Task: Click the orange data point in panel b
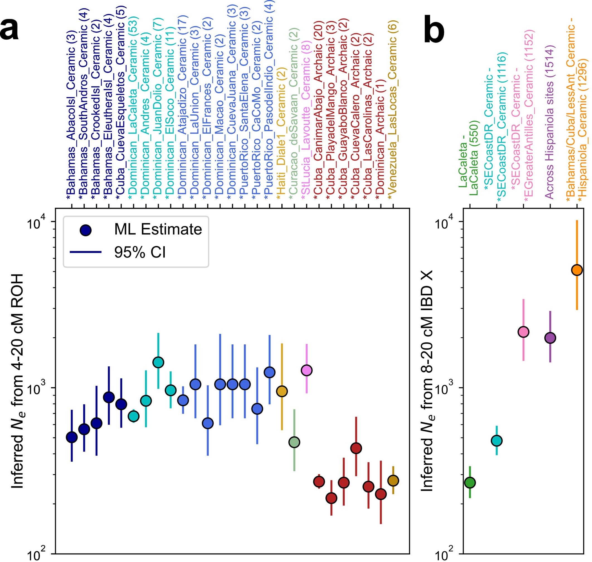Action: [x=577, y=270]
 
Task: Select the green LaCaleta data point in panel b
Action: [x=470, y=483]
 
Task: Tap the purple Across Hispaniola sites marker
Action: [x=550, y=338]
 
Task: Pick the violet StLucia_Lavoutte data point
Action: [x=307, y=370]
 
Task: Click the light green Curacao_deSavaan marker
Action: [x=294, y=442]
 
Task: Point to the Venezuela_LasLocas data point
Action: [x=393, y=481]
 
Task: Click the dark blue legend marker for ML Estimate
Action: [x=86, y=230]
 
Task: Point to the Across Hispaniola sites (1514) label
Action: [x=550, y=123]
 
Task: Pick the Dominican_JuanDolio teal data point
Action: [x=158, y=362]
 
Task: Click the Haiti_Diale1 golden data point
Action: [x=282, y=391]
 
